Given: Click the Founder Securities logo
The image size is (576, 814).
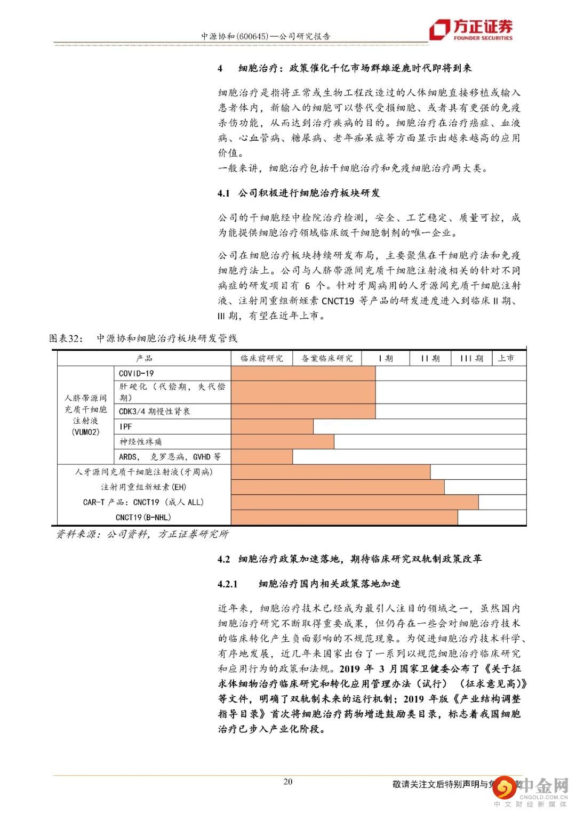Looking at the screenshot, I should (x=471, y=29).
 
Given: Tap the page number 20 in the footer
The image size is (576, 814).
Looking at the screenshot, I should (x=287, y=782).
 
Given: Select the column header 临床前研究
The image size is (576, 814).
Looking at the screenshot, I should (x=262, y=358).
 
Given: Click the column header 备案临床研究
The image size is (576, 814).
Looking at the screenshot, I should (x=327, y=358).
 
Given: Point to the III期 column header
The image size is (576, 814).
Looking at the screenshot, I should (x=471, y=358).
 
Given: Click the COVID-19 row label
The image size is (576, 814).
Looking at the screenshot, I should (x=136, y=373).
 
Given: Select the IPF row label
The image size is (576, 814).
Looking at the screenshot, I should (x=125, y=426).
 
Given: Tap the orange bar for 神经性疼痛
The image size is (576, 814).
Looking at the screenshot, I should (x=283, y=441).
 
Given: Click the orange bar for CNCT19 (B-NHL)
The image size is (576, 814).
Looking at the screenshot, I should (x=344, y=517).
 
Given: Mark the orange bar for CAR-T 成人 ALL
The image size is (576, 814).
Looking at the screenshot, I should (x=355, y=502).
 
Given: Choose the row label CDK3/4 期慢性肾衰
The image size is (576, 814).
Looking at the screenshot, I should (x=154, y=411).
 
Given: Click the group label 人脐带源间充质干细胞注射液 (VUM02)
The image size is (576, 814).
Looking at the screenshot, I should (x=85, y=415).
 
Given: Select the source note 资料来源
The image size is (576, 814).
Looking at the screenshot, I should (x=142, y=534).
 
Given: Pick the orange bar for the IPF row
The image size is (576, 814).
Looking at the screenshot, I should (x=272, y=426).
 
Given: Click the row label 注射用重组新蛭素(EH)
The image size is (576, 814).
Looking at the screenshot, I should (x=144, y=487).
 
